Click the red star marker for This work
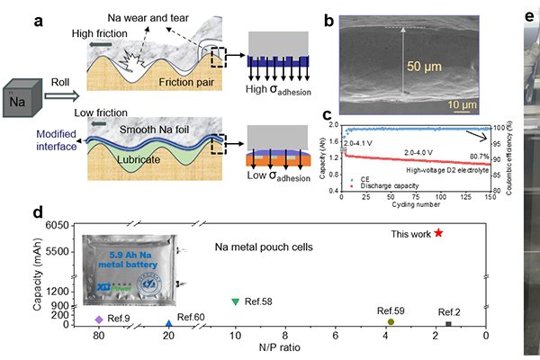tap(438, 232)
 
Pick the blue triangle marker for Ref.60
tap(168, 323)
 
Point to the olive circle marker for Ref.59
tap(391, 321)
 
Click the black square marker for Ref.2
tap(448, 323)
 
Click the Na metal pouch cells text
tap(260, 245)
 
